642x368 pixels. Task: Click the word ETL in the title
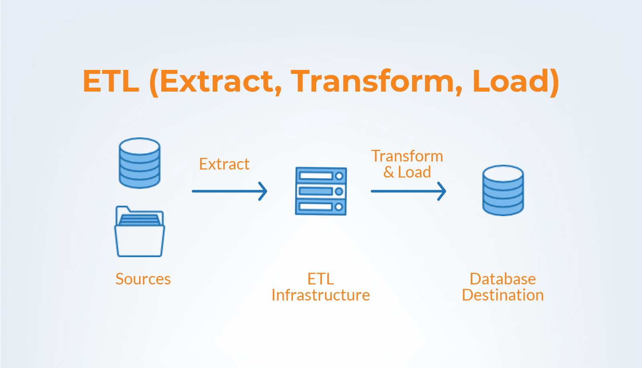111,82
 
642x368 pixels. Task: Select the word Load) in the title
516,82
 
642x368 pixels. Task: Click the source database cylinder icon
140,163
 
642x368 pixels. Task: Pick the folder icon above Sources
140,231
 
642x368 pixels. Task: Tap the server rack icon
321,191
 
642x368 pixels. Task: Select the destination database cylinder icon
503,190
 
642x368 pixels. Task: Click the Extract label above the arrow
224,164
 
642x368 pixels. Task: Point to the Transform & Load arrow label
407,164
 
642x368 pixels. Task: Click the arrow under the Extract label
230,191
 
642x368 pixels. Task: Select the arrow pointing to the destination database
408,191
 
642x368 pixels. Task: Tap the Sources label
143,279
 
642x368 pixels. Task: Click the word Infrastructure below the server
321,295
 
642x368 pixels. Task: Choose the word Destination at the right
503,295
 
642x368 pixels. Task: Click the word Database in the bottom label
503,279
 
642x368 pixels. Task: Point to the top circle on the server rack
339,176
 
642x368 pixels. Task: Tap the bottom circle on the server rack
339,206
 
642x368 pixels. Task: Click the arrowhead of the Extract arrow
263,191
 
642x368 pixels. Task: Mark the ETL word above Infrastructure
321,279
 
